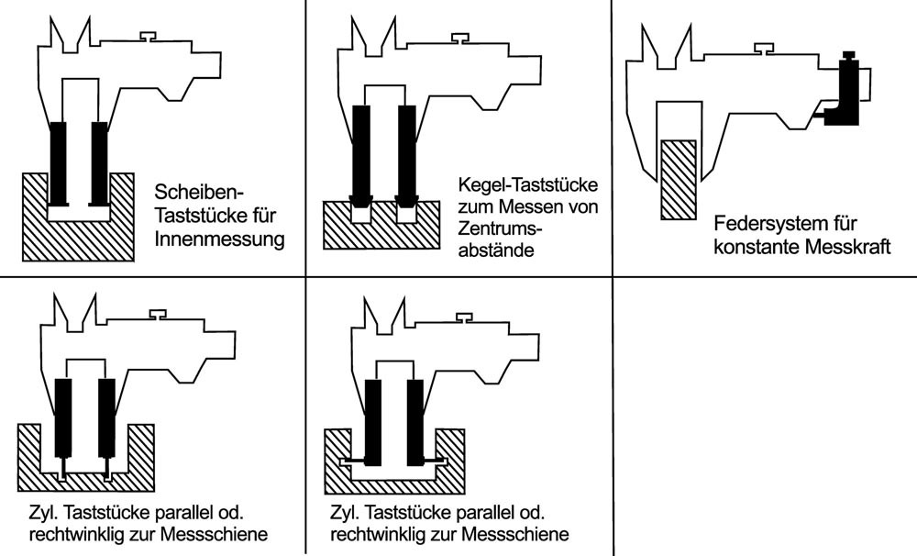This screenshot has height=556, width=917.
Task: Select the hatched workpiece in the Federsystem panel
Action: coord(679,179)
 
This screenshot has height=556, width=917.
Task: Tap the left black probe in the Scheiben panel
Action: coord(59,162)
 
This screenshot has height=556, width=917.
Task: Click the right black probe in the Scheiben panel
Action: coord(99,162)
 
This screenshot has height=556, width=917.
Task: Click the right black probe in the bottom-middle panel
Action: coord(416,419)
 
